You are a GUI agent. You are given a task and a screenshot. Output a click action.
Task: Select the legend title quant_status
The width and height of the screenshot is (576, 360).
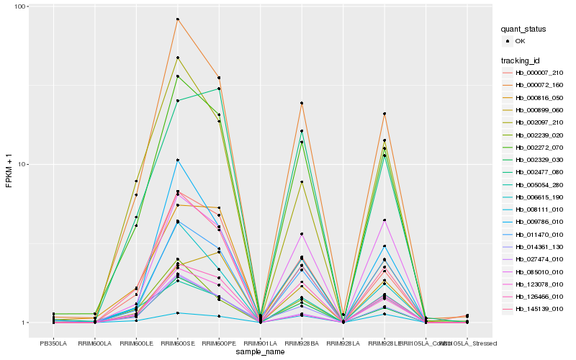click(x=525, y=29)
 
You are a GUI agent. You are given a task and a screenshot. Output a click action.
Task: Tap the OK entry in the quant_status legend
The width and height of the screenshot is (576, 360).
click(x=519, y=41)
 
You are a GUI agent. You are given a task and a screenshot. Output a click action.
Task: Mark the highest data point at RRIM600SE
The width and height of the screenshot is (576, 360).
click(x=178, y=19)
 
